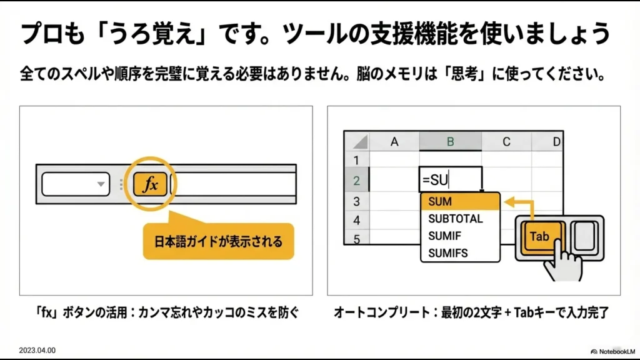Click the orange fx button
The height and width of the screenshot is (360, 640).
150,184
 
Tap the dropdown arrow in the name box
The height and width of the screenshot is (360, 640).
100,184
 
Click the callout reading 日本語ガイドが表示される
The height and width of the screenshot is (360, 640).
218,241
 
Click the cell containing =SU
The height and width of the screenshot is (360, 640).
450,181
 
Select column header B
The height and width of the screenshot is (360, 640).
450,142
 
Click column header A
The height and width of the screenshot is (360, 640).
394,142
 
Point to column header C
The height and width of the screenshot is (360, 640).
506,142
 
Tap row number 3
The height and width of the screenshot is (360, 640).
357,202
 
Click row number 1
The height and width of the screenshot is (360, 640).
357,161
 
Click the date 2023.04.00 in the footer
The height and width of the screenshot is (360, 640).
37,351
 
